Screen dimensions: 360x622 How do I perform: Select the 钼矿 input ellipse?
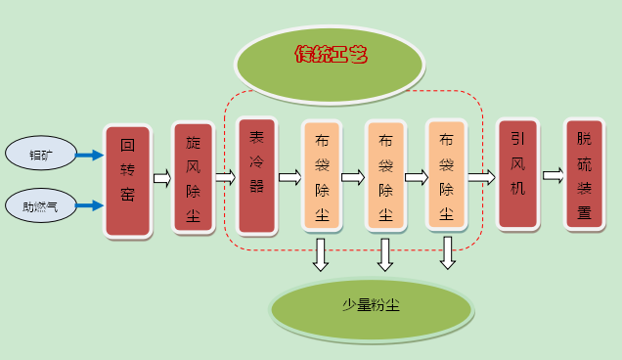coord(40,155)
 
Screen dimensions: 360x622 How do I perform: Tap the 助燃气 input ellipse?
coord(40,205)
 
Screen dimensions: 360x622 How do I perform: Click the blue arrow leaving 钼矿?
coord(90,155)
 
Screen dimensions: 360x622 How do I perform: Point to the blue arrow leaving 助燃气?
coord(90,205)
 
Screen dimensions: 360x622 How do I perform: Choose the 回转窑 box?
coord(127,181)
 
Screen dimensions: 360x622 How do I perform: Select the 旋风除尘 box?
coord(193,177)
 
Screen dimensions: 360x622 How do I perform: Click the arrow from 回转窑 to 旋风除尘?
coord(161,178)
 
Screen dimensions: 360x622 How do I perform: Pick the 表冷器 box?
coord(256,175)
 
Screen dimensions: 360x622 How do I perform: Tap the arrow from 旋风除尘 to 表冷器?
coord(225,177)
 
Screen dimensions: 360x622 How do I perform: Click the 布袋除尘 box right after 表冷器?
coord(321,176)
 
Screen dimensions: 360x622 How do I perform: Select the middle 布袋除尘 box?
coord(385,176)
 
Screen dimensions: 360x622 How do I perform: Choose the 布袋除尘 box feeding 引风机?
coord(446,176)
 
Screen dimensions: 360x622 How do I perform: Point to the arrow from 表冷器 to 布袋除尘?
coord(289,177)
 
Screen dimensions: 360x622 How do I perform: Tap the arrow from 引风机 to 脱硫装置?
coord(553,175)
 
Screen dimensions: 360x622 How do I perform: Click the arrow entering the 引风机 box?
coord(481,177)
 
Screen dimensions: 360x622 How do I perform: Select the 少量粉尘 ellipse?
coord(371,306)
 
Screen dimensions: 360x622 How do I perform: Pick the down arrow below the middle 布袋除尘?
coord(384,254)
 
